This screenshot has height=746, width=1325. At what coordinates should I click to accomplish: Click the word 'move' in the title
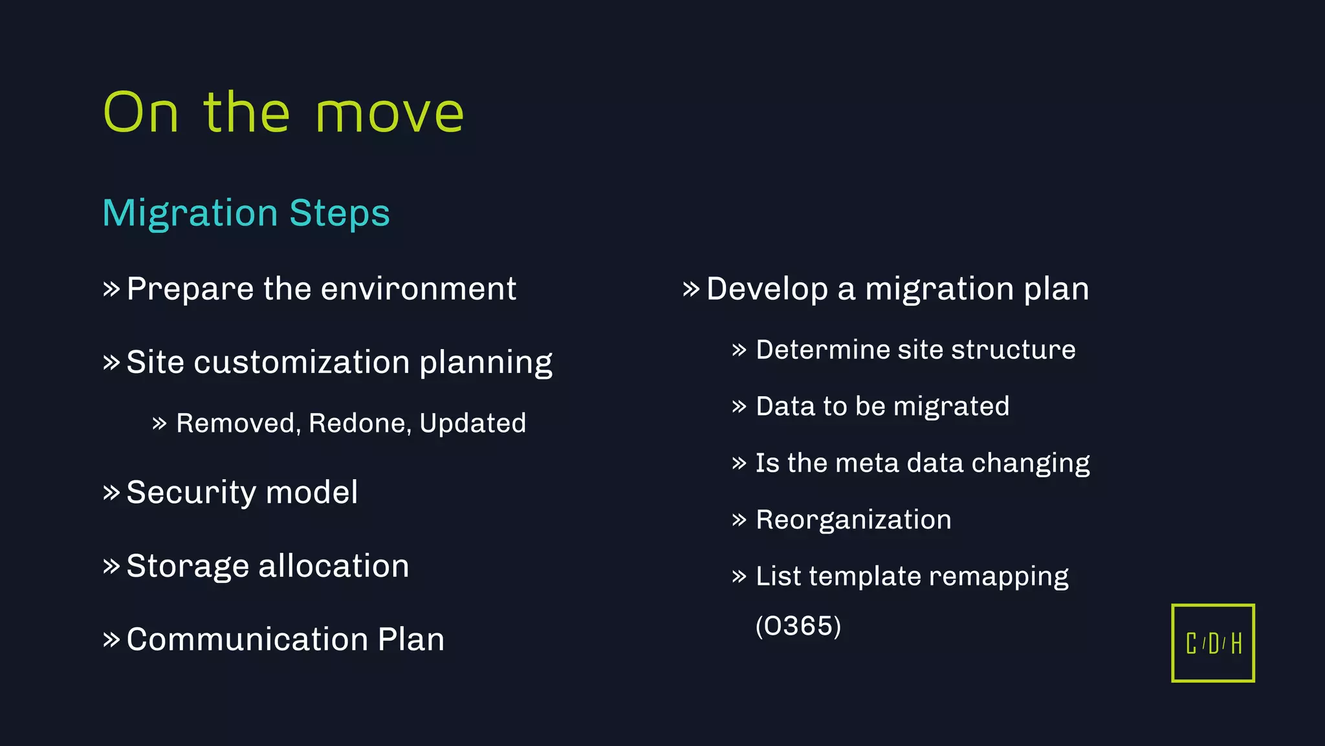[389, 114]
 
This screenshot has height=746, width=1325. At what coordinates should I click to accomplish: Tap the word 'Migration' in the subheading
[190, 214]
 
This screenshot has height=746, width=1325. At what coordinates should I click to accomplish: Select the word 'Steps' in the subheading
[340, 214]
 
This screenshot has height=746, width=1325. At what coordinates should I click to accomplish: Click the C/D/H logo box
[1212, 643]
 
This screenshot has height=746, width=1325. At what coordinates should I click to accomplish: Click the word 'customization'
[301, 362]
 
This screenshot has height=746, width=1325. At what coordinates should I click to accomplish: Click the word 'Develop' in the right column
[767, 289]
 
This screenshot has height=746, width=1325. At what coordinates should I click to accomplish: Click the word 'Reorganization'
[853, 520]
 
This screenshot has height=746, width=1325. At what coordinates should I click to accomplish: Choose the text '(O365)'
[798, 626]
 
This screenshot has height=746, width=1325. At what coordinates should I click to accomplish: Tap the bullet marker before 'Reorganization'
[739, 520]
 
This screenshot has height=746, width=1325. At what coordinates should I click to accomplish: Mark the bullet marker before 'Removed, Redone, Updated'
[159, 424]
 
